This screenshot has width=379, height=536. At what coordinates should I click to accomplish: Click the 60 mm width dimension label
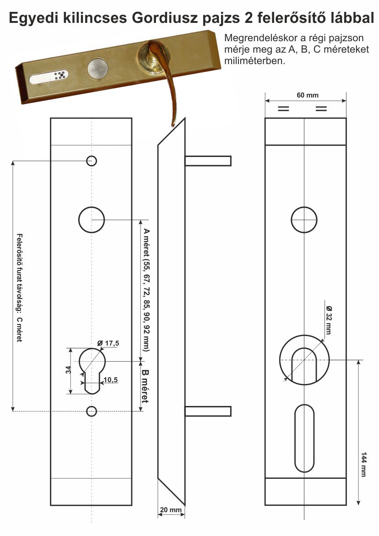pos(307,95)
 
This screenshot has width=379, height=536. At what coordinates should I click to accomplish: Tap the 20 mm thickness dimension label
pos(171,509)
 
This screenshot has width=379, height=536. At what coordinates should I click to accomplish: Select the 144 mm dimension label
pos(363,464)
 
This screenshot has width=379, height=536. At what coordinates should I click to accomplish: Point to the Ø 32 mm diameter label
pos(329,320)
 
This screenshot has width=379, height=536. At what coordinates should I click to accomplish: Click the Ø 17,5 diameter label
pos(108,343)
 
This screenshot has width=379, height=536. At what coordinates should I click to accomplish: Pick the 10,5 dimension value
pos(110,380)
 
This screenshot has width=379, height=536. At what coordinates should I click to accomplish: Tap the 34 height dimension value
pos(68,369)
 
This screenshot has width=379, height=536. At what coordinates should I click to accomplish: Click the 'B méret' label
pos(145,386)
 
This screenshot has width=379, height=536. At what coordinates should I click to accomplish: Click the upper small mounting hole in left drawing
pos(91,161)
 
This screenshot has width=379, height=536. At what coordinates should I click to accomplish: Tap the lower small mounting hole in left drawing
pos(91,411)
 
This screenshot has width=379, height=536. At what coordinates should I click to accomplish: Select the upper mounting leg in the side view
pos(208,161)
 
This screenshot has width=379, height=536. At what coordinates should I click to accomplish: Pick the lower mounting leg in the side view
pos(208,411)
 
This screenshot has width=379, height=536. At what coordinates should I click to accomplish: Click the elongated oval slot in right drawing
pos(295,438)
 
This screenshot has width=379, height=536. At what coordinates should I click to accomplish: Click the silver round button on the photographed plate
pos(98,68)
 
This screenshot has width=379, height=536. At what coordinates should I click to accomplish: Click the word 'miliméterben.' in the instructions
pos(254,61)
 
